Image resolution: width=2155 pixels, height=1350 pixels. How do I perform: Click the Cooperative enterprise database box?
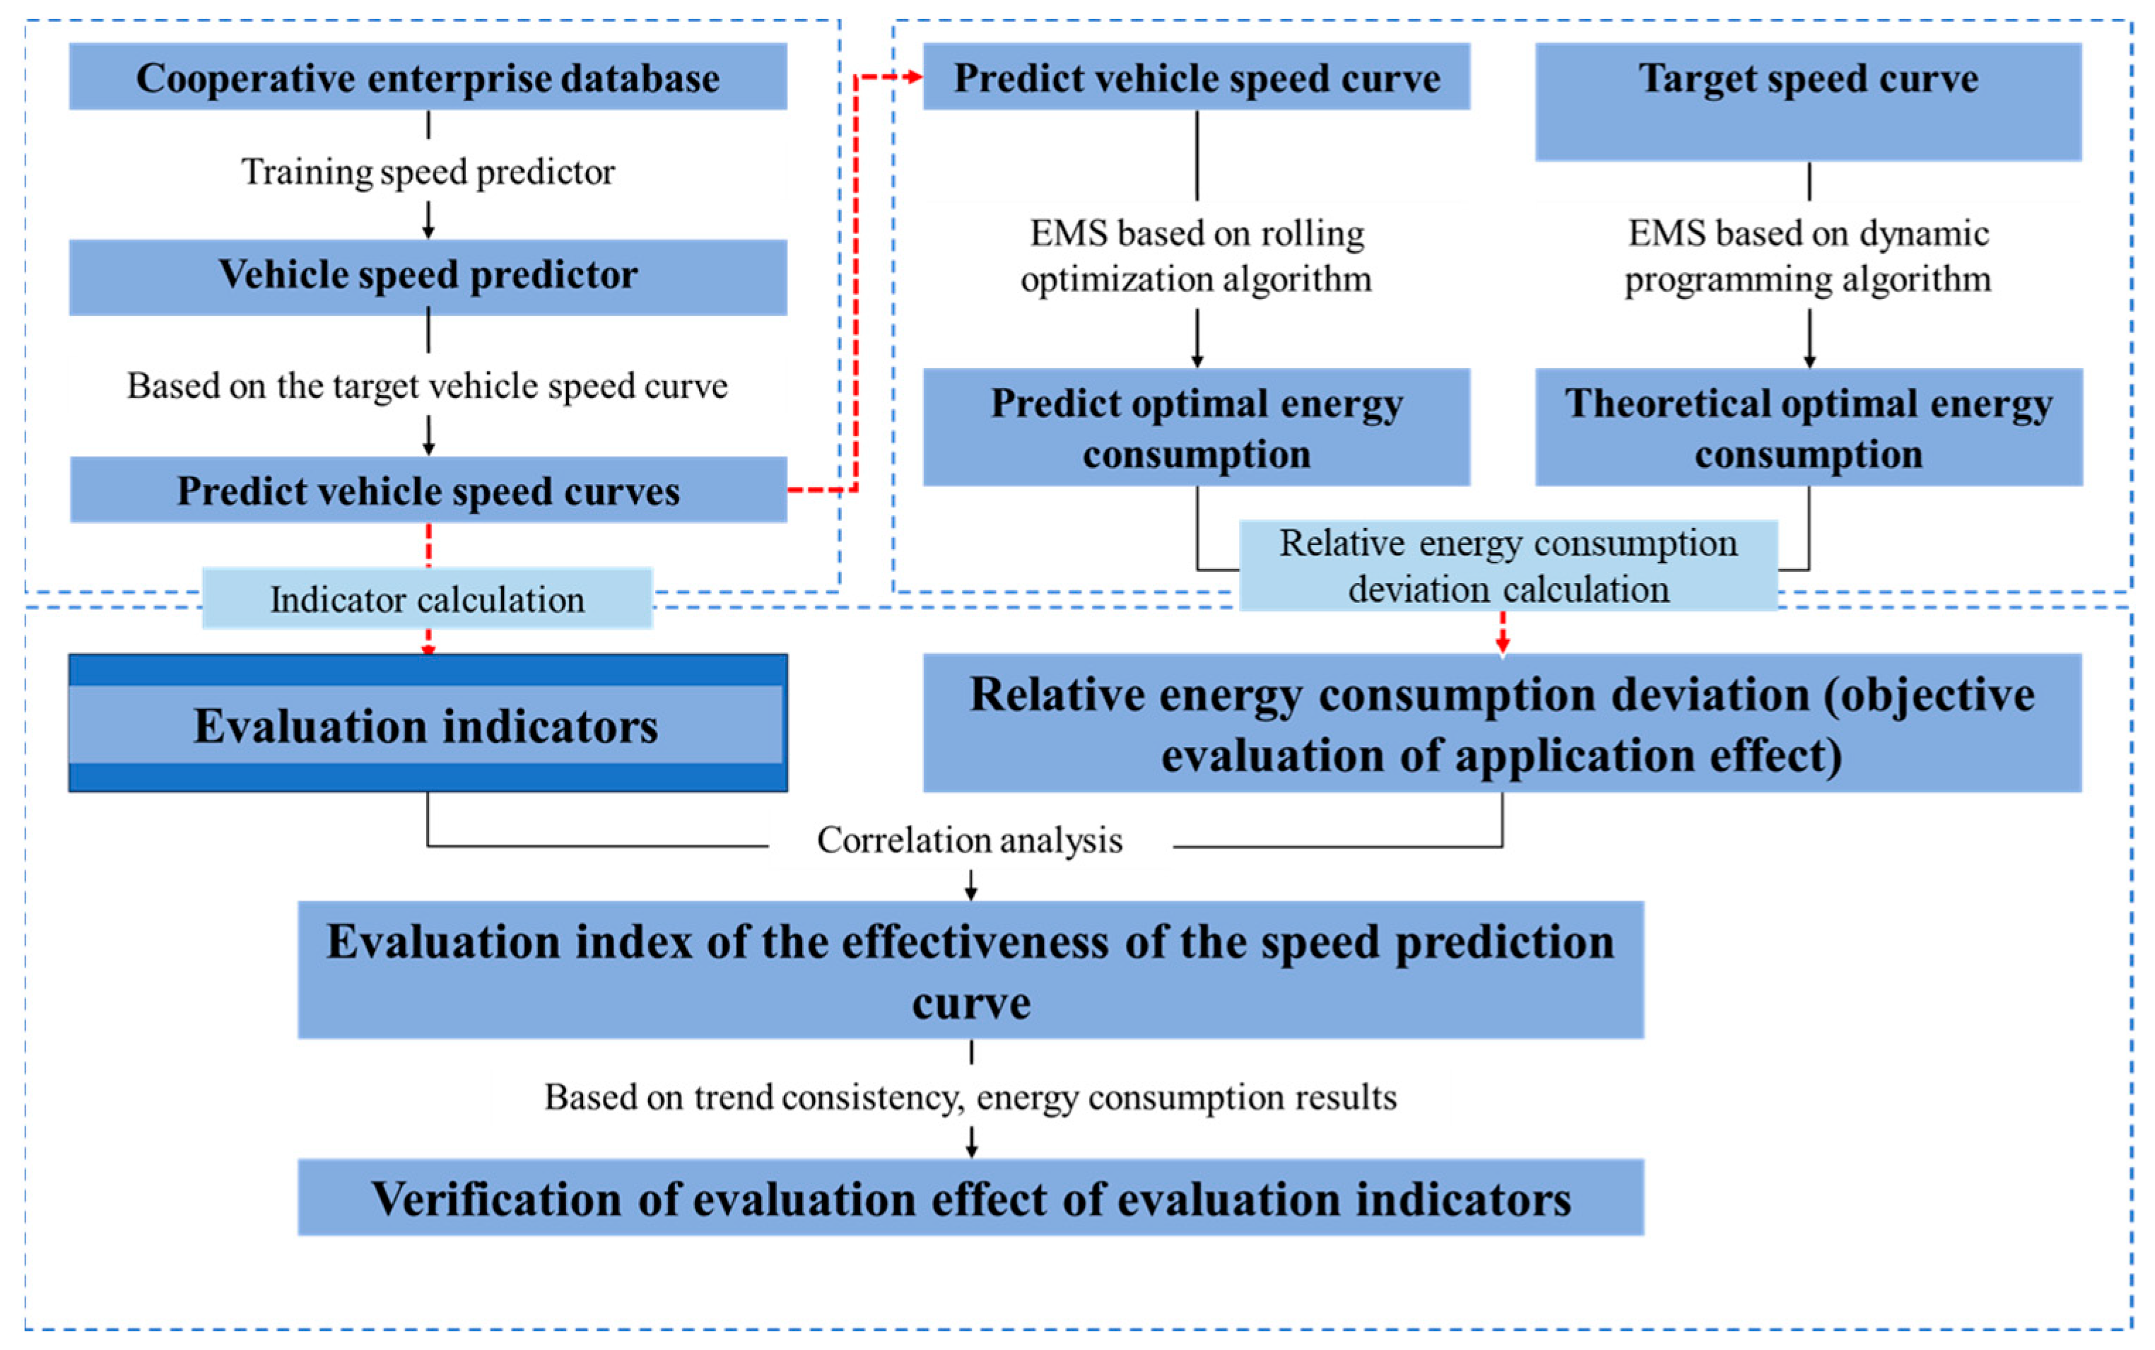(428, 77)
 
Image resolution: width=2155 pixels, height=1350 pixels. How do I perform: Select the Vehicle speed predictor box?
(428, 276)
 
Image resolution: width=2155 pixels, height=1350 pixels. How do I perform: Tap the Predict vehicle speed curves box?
(428, 491)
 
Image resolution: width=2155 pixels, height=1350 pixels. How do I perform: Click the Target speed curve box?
(1808, 101)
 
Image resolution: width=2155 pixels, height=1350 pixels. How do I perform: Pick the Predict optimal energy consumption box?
(1196, 427)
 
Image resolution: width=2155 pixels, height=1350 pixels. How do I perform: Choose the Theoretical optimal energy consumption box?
(1808, 427)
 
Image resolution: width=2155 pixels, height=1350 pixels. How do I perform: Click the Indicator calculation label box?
(427, 599)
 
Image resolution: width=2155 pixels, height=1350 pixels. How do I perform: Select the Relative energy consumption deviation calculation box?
(1508, 565)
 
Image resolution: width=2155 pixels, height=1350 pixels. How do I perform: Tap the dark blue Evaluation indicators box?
(428, 723)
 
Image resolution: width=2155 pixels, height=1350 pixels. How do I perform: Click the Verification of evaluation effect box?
(970, 1197)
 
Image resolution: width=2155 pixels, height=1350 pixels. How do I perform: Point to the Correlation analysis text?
(970, 840)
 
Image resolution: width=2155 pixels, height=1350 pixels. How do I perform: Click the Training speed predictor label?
(428, 172)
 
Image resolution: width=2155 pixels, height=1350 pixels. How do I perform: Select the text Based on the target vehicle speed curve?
(427, 386)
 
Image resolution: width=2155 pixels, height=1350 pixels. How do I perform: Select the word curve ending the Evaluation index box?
(970, 1003)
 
